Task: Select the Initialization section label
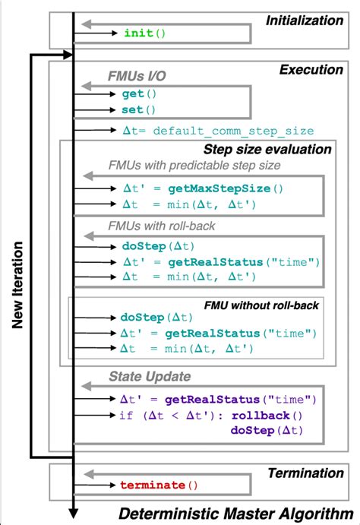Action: pyautogui.click(x=304, y=21)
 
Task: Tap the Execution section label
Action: pyautogui.click(x=311, y=69)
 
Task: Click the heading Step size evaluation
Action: pyautogui.click(x=267, y=150)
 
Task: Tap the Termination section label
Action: pyautogui.click(x=306, y=473)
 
